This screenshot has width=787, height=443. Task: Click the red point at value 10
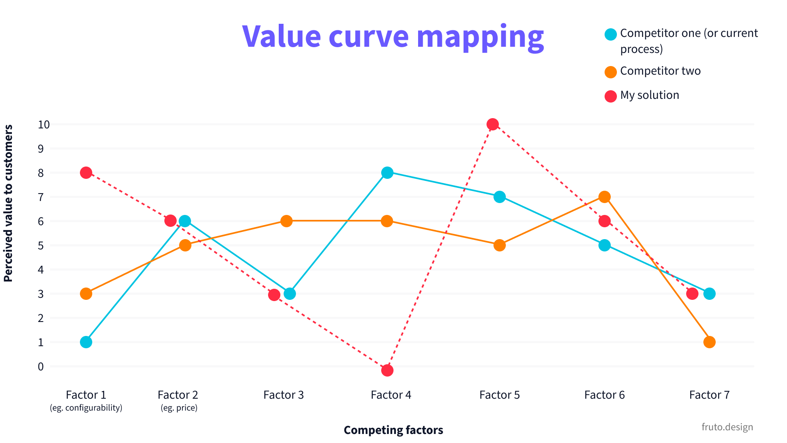pyautogui.click(x=493, y=124)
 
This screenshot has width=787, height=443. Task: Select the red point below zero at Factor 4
pyautogui.click(x=387, y=370)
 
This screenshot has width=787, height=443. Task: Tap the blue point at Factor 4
pyautogui.click(x=387, y=173)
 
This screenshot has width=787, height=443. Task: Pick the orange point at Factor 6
pyautogui.click(x=604, y=197)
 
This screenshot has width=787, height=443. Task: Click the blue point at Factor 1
pyautogui.click(x=86, y=342)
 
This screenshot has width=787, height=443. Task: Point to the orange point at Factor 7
pyautogui.click(x=709, y=342)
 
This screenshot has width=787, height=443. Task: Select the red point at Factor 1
pyautogui.click(x=86, y=173)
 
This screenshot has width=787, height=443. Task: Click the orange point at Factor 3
pyautogui.click(x=287, y=221)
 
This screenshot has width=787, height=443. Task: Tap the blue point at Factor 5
pyautogui.click(x=499, y=197)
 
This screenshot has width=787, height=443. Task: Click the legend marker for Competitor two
pyautogui.click(x=611, y=72)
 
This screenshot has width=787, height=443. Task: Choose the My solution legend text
pyautogui.click(x=649, y=95)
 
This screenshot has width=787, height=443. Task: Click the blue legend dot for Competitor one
pyautogui.click(x=611, y=34)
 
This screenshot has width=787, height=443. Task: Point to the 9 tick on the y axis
pyautogui.click(x=41, y=148)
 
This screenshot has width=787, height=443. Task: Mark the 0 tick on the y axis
pyautogui.click(x=41, y=366)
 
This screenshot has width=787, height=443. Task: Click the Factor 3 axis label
pyautogui.click(x=283, y=395)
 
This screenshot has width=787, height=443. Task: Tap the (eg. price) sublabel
pyautogui.click(x=179, y=408)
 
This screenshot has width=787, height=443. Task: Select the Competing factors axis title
pyautogui.click(x=393, y=430)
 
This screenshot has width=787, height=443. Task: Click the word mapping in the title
pyautogui.click(x=480, y=37)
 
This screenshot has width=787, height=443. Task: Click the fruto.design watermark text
pyautogui.click(x=727, y=427)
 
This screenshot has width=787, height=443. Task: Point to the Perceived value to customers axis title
pyautogui.click(x=8, y=203)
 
